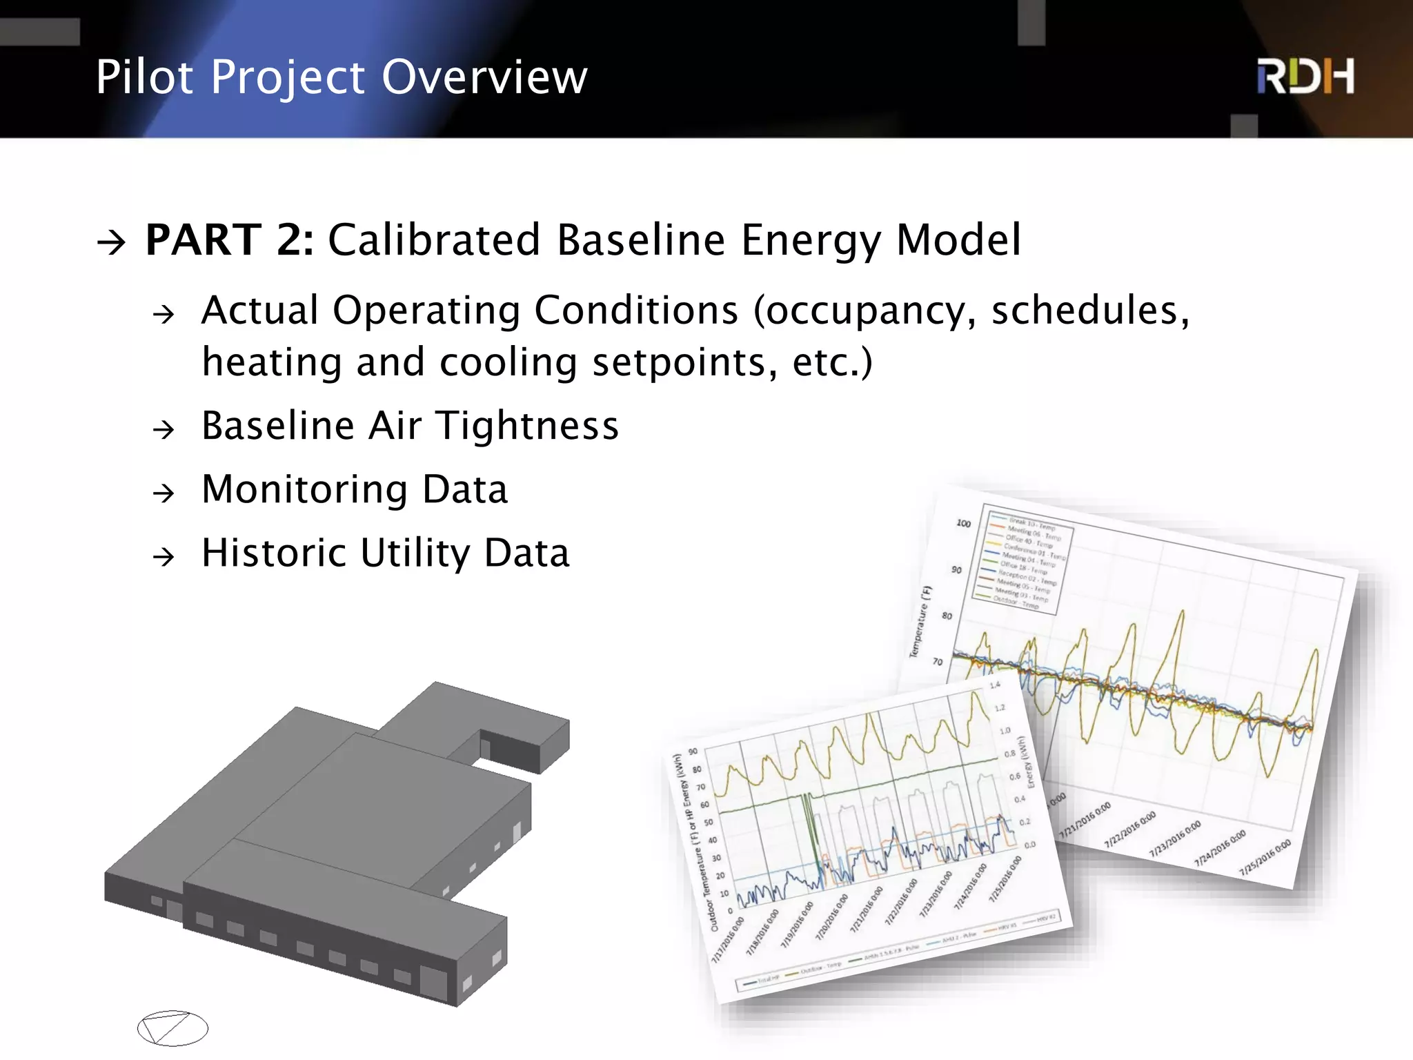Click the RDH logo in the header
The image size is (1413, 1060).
point(1305,77)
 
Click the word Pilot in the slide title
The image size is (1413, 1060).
point(144,77)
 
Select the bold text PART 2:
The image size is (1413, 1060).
point(230,239)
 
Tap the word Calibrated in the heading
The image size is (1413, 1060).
point(433,239)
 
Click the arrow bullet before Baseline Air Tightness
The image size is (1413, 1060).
point(164,430)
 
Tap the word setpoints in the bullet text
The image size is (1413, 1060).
point(676,362)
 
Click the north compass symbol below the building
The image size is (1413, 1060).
point(172,1028)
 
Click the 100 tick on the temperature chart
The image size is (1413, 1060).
point(963,523)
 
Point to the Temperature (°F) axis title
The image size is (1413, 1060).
point(921,621)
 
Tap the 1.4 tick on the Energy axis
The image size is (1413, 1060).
point(995,685)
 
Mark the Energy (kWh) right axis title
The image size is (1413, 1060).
point(1027,762)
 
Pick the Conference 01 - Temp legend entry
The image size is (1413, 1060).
point(1034,551)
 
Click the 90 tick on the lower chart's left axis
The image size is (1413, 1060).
point(693,751)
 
